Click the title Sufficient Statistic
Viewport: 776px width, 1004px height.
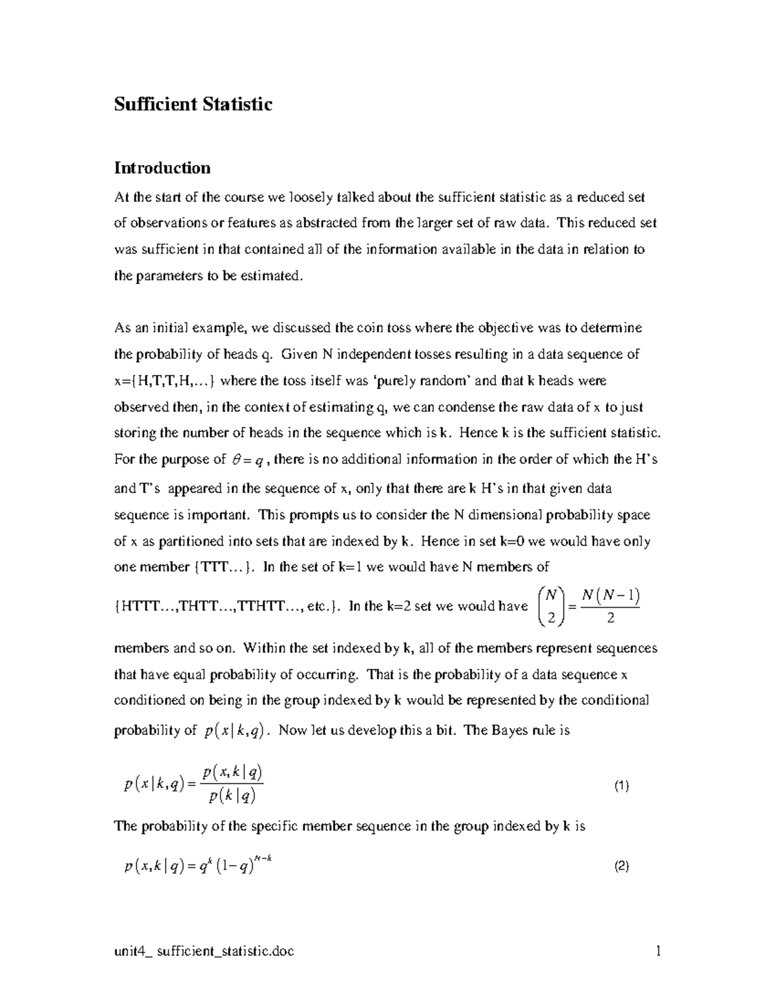[x=193, y=104]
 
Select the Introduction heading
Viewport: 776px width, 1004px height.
[x=162, y=168]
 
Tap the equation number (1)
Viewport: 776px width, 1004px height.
[x=621, y=786]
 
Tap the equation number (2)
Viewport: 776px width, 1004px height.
[x=621, y=867]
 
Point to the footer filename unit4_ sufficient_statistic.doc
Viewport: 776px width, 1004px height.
[x=204, y=952]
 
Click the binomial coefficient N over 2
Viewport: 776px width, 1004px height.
[x=551, y=606]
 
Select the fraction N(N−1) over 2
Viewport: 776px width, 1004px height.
[x=610, y=606]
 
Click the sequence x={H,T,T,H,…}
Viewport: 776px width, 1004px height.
[x=166, y=381]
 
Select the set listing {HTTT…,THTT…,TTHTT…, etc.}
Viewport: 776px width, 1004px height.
[x=226, y=606]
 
